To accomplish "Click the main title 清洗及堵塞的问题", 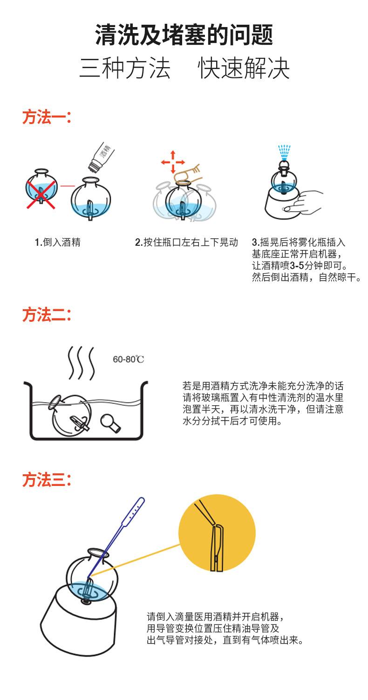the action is coord(184,35).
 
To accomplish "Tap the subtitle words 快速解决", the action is coord(244,68).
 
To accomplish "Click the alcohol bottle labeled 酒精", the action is coord(101,157).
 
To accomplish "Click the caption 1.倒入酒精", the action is coord(58,242).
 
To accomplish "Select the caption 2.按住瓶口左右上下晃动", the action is coord(186,242).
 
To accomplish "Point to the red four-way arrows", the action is coord(173,162).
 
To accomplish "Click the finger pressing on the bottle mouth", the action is coord(187,174).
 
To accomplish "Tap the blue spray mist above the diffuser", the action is coord(284,152).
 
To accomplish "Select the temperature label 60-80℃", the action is coord(128,360).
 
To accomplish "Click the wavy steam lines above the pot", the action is coord(81,363).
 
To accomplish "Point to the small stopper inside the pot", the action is coord(110,423).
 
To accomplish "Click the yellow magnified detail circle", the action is coord(217,533).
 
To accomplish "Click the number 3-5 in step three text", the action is coord(297,266).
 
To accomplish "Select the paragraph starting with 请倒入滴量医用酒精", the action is coord(225,628).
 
